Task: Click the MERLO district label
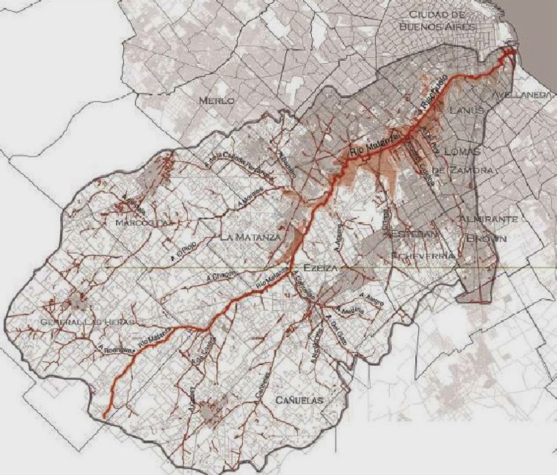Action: click(216, 99)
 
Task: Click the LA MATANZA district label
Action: click(250, 237)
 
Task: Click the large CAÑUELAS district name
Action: click(301, 401)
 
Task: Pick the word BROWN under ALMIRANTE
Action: click(487, 239)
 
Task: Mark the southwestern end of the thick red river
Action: click(105, 416)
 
